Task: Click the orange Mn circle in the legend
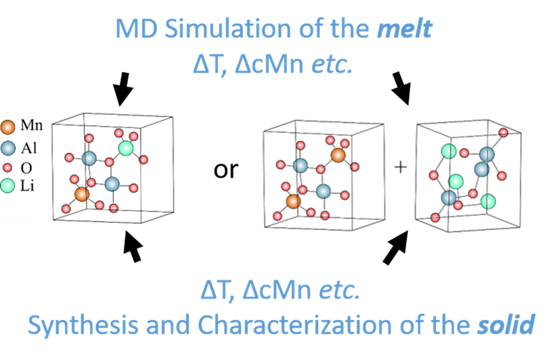[x=8, y=127]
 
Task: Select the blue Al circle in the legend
[x=8, y=148]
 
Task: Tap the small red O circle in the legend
[x=8, y=168]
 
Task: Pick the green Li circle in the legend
[x=8, y=186]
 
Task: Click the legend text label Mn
[x=31, y=125]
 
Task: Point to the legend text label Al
[x=29, y=148]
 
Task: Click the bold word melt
[x=405, y=28]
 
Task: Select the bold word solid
[x=506, y=324]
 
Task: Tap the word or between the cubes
[x=226, y=170]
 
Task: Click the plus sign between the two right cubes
[x=400, y=167]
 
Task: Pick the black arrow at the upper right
[x=401, y=88]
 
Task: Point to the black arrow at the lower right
[x=395, y=247]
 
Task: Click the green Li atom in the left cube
[x=126, y=148]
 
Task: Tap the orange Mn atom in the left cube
[x=82, y=194]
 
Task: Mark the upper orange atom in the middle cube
[x=338, y=155]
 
